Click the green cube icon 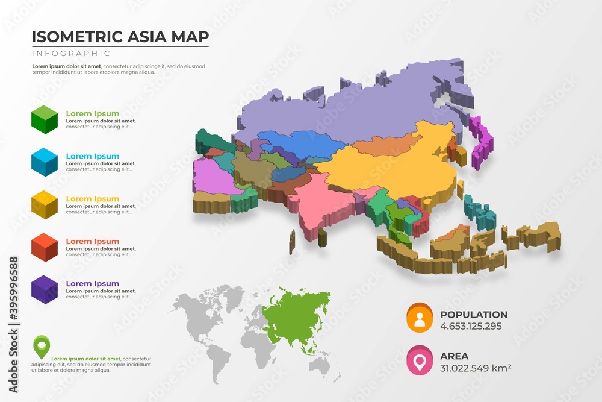coord(45,118)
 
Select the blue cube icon coord(45,161)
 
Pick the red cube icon coord(45,246)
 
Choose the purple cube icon coord(45,289)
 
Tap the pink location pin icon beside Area coord(420,359)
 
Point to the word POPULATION coord(474,315)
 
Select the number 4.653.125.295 coord(471,327)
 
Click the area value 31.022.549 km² coord(476,368)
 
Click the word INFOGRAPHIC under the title coord(63,54)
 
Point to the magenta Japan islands coord(481,142)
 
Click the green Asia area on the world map coord(295,313)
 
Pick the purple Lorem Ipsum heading coord(92,284)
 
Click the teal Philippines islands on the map coord(481,213)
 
